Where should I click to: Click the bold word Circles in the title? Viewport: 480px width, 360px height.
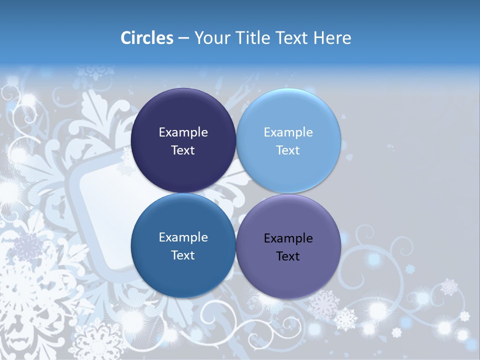point(147,38)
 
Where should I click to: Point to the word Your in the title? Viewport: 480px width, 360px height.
point(212,38)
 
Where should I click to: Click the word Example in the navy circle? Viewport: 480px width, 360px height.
point(183,132)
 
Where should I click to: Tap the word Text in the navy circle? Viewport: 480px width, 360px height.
point(183,150)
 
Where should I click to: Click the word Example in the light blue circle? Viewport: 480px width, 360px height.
point(288,132)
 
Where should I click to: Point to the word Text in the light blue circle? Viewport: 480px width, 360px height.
point(288,150)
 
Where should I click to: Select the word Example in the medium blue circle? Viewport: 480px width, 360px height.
point(183,237)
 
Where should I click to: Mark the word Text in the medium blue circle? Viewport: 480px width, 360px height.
point(183,255)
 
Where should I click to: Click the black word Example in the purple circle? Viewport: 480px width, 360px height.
point(288,238)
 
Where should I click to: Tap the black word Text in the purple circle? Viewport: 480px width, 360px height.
point(288,256)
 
